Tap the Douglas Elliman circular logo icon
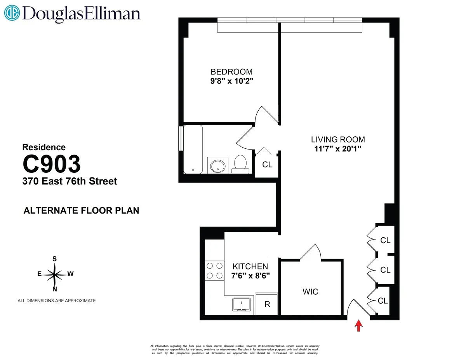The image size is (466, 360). (12, 13)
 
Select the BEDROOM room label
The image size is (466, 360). (231, 72)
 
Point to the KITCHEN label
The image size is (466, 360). (250, 266)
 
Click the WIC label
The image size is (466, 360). (310, 291)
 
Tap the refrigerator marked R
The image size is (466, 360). (267, 304)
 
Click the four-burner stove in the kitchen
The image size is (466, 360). (214, 271)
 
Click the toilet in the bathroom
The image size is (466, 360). (240, 164)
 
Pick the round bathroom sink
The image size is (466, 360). (217, 165)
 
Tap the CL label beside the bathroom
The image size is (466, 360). (267, 165)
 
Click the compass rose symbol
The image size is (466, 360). (55, 274)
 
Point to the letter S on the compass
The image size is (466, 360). (55, 259)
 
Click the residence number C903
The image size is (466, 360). (52, 164)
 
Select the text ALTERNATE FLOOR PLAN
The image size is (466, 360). (82, 211)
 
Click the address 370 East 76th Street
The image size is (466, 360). (70, 181)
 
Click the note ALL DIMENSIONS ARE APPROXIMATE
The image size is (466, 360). (57, 301)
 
